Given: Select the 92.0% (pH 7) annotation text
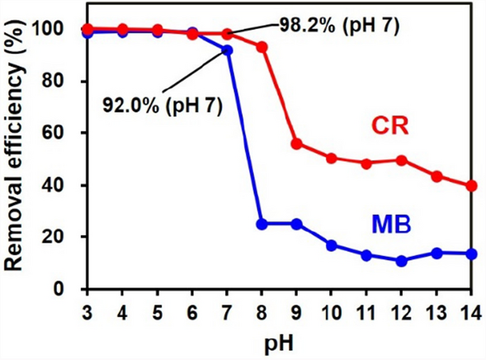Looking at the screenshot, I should click(x=163, y=106).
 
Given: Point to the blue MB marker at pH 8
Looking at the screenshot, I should click(x=262, y=224).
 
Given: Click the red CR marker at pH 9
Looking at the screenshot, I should click(x=297, y=144).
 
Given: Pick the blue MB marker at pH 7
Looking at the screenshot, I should click(x=228, y=50).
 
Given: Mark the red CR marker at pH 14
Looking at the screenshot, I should click(x=471, y=186).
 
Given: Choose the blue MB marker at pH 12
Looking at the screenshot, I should click(x=402, y=261).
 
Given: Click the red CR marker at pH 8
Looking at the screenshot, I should click(x=262, y=47).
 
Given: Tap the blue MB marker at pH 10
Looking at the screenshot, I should click(x=332, y=245).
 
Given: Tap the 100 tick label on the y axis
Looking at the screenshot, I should click(x=57, y=30).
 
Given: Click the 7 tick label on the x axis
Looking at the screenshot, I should click(x=228, y=312).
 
